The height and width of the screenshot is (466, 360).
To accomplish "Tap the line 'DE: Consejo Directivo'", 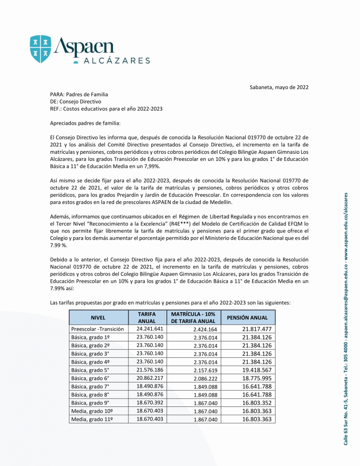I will pyautogui.click(x=75, y=101).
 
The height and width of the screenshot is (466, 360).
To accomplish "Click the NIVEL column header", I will pyautogui.click(x=98, y=317).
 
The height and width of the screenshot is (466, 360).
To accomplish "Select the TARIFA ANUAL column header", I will pyautogui.click(x=147, y=317).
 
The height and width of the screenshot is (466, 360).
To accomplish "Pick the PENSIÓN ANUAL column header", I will pyautogui.click(x=247, y=317).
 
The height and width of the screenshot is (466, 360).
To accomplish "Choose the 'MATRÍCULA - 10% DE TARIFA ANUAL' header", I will pyautogui.click(x=193, y=317).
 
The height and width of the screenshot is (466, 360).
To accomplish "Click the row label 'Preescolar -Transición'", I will pyautogui.click(x=97, y=329).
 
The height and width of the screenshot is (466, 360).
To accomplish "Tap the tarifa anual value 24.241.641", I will pyautogui.click(x=147, y=329).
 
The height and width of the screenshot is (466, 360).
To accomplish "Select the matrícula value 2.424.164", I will pyautogui.click(x=205, y=330).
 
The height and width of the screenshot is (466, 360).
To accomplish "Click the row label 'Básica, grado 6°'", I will pyautogui.click(x=90, y=378).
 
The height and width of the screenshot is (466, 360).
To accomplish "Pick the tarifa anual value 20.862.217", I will pyautogui.click(x=147, y=378).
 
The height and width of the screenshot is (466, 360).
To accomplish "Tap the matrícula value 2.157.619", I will pyautogui.click(x=205, y=370).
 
